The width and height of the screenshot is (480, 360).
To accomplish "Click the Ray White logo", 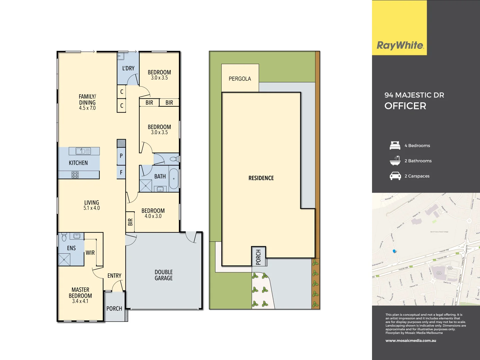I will coord(400,45).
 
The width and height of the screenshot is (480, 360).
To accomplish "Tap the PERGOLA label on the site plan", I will coord(240,79).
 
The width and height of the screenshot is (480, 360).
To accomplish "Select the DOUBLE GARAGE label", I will coord(164,275).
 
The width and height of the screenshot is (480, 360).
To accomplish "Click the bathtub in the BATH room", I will coord(174,179).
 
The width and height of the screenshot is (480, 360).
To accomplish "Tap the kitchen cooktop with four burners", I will coord(75,174).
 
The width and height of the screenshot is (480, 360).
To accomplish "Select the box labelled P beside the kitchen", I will coord(121,156).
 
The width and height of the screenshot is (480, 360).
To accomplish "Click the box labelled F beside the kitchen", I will coord(121,172).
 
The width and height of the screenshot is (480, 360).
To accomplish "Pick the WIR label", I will coord(90,253).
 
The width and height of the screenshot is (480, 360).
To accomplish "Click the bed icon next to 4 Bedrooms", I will coord(395,146).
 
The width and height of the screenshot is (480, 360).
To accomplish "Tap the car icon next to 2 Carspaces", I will coord(395,176).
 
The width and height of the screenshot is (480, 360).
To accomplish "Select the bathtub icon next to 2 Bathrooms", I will coord(395,161).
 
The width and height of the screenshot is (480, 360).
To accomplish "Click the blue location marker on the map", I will coord(395,251).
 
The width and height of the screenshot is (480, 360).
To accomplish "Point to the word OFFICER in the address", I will coord(405,106).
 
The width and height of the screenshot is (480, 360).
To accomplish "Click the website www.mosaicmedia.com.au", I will coord(411,341).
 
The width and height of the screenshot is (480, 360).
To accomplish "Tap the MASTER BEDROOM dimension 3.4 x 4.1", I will coord(80,301).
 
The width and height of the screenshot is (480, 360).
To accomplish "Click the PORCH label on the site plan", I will coord(258,257).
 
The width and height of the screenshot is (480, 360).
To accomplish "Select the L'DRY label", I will coord(128,68).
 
